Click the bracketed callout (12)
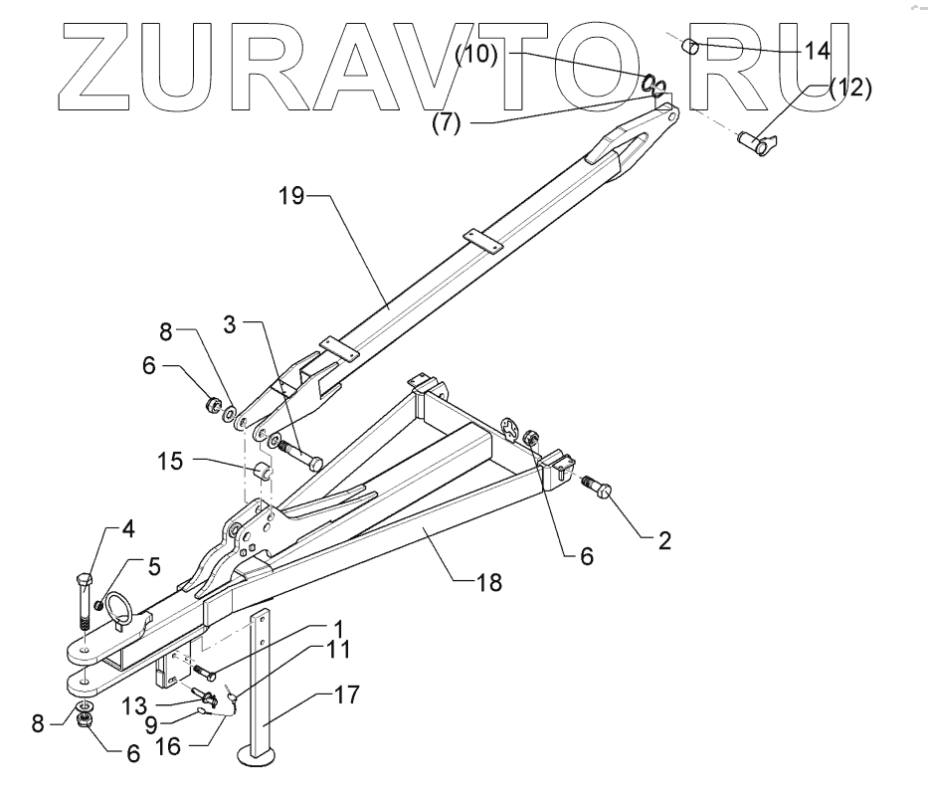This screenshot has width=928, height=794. [848, 88]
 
